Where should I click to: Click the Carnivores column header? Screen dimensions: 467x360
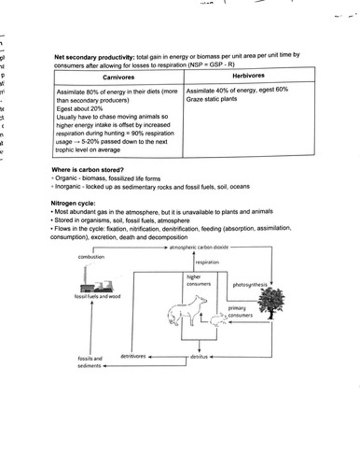[x=118, y=77]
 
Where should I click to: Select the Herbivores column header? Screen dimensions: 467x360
[x=248, y=75]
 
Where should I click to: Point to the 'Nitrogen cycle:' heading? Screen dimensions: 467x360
[x=73, y=203]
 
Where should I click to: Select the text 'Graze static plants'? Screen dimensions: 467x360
[x=211, y=99]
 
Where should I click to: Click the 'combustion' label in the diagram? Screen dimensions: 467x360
[x=91, y=257]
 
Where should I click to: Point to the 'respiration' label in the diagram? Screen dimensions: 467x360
[x=207, y=262]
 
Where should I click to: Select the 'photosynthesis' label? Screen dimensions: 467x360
[x=250, y=285]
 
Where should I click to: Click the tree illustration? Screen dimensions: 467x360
[x=271, y=303]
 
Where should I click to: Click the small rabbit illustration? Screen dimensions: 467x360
[x=218, y=319]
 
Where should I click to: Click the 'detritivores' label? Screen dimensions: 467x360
[x=133, y=356]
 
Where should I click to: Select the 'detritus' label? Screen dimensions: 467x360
[x=199, y=356]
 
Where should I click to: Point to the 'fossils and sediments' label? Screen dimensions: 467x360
[x=90, y=362]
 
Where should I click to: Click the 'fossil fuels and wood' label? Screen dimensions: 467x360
[x=98, y=296]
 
